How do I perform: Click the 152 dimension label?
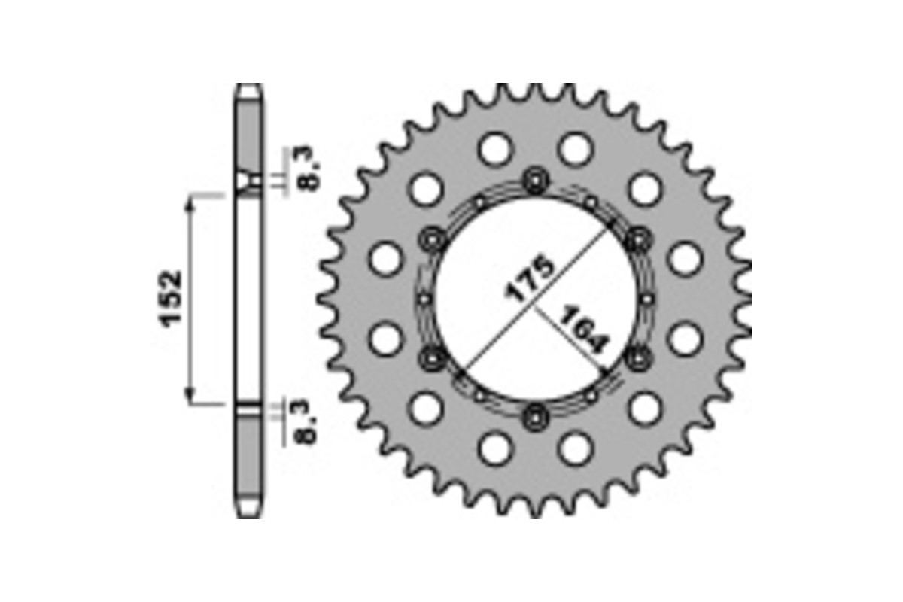171,297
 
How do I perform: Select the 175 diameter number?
530,278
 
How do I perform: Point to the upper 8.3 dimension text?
309,171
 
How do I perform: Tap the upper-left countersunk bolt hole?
433,239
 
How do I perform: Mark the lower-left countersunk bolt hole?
433,359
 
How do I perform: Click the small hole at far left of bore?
424,299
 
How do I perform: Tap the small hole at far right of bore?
647,299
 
